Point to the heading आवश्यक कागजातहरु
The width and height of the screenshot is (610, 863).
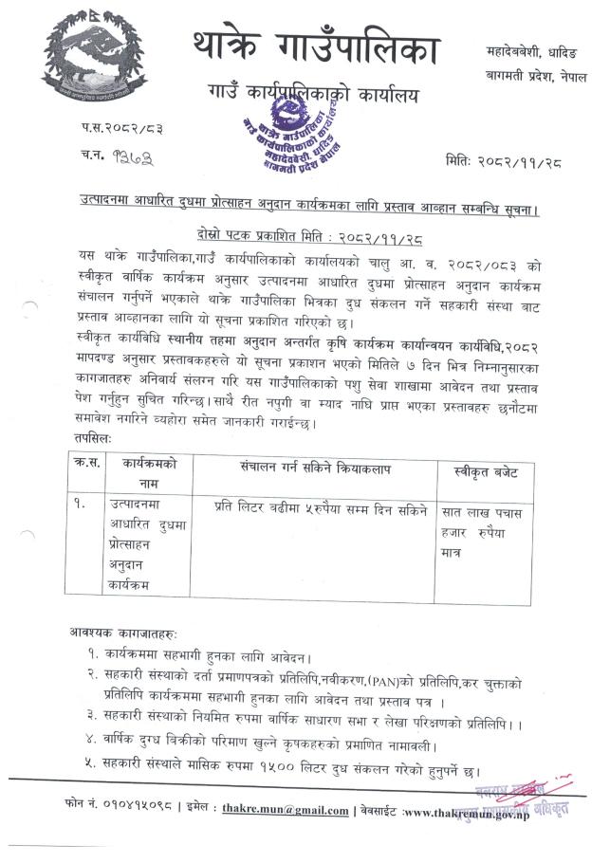[123, 633]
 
